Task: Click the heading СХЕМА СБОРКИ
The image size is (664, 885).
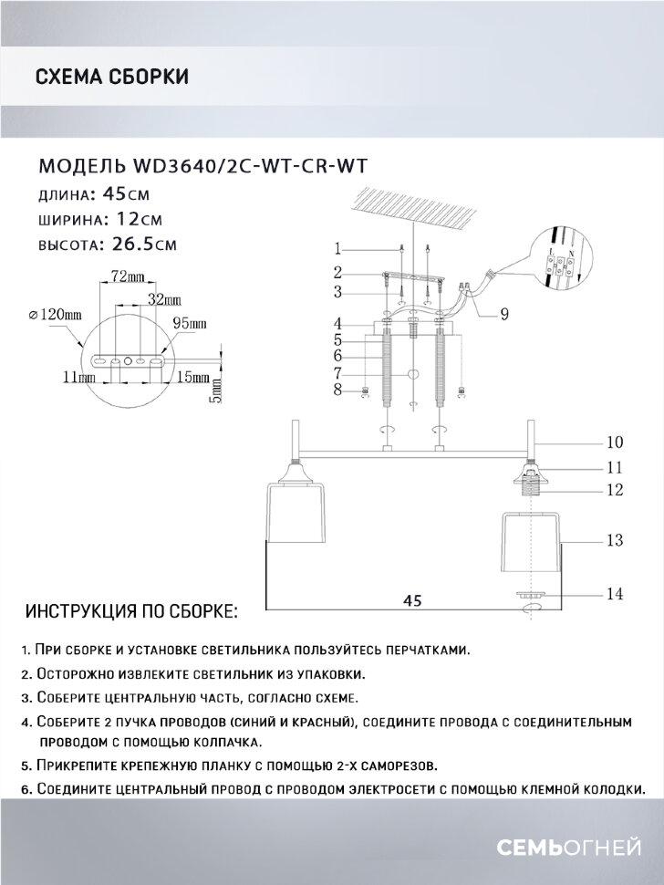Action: click(111, 77)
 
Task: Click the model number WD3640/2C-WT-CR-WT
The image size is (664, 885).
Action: click(254, 165)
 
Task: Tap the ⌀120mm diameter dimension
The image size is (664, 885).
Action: click(56, 314)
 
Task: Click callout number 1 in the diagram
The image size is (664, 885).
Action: click(337, 248)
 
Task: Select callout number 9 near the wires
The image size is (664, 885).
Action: click(504, 315)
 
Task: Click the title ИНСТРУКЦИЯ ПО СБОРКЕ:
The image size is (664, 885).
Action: click(131, 609)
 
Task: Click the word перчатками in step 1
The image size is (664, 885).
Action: click(426, 650)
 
